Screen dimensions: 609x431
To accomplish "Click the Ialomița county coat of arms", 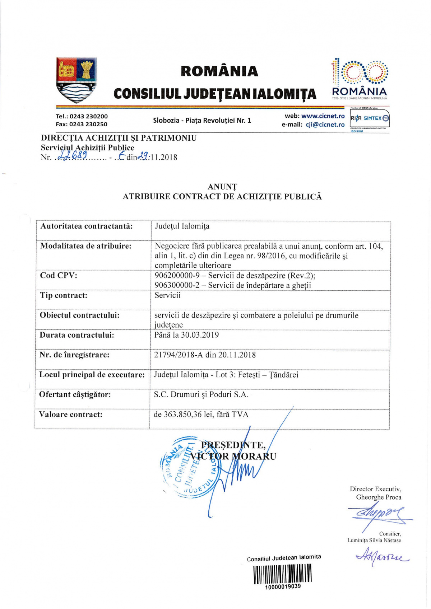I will [x=76, y=80].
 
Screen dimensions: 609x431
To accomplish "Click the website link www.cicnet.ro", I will [x=323, y=116].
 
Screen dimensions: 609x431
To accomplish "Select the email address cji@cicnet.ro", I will [x=325, y=125].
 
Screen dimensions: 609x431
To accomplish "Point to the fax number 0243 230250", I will [x=88, y=124].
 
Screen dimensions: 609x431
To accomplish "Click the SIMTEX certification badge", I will [x=370, y=118].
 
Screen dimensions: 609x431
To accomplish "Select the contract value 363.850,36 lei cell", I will [x=201, y=414].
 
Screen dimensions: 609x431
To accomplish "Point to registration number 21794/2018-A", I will [x=179, y=355].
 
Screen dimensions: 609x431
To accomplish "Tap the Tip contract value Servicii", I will [x=167, y=295].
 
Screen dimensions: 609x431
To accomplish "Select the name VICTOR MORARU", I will [x=233, y=456].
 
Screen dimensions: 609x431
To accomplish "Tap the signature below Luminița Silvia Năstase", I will [x=382, y=558].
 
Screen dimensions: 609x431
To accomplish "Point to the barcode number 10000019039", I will [x=283, y=586].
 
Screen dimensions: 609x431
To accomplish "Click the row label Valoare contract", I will [x=71, y=414].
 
